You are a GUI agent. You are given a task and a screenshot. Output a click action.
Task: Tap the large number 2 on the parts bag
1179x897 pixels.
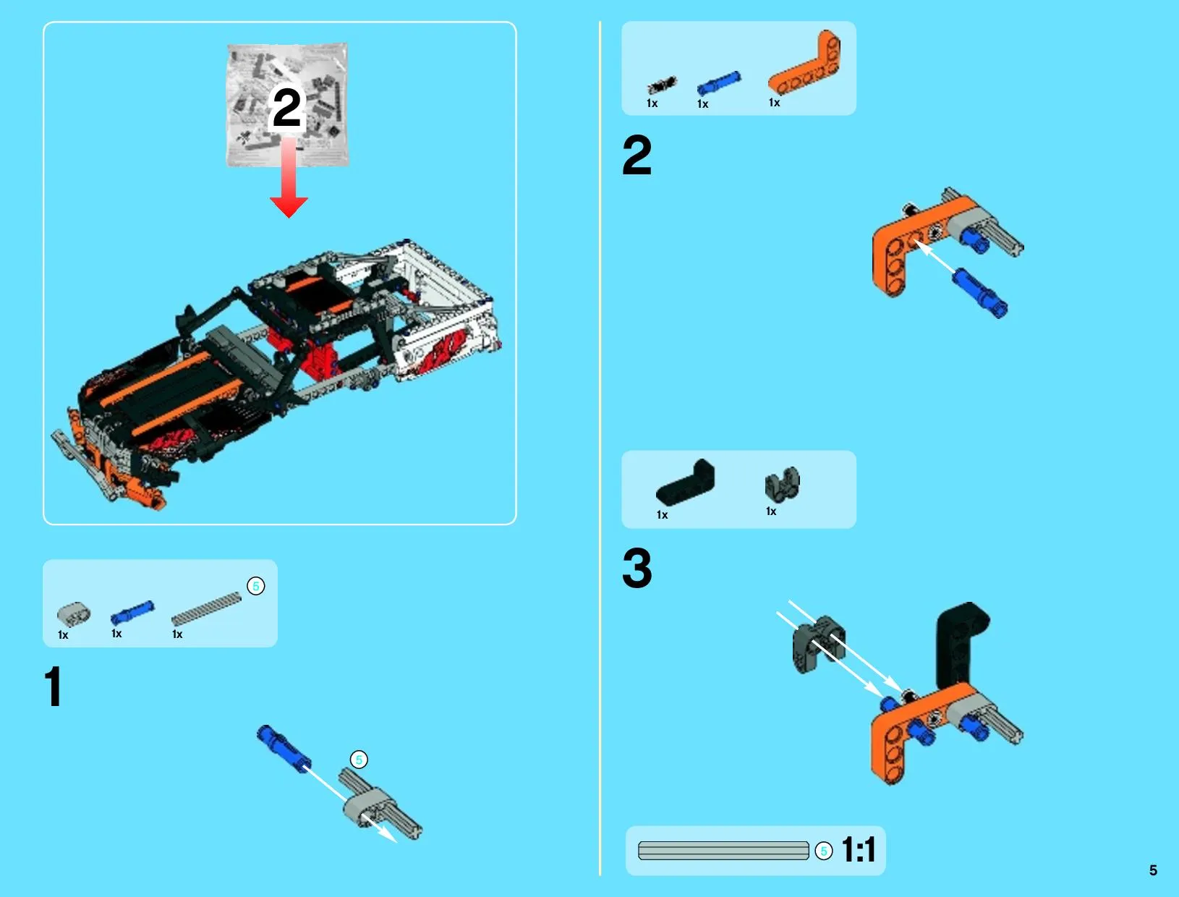click(287, 108)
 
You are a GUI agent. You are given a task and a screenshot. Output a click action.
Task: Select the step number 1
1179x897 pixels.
click(54, 686)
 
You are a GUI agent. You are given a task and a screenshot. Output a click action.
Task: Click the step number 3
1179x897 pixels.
click(637, 568)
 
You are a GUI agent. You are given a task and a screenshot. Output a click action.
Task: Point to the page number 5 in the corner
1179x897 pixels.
click(1153, 871)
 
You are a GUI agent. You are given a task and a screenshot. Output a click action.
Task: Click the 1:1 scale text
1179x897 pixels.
click(858, 850)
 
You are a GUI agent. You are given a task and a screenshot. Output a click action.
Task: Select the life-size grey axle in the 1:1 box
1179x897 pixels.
click(723, 851)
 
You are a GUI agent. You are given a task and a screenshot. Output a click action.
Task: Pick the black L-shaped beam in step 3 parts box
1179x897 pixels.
click(686, 483)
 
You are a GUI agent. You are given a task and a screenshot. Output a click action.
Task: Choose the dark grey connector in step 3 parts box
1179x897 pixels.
click(782, 483)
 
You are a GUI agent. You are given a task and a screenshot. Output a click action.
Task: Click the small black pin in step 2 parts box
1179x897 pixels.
click(663, 85)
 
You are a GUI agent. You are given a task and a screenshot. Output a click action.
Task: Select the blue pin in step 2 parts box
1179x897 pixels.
click(719, 83)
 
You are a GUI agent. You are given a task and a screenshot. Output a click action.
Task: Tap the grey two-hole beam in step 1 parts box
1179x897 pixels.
click(74, 613)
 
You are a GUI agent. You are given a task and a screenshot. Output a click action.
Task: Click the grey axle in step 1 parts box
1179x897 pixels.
click(206, 608)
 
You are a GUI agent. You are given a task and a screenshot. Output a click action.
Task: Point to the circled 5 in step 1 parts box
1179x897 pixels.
click(255, 586)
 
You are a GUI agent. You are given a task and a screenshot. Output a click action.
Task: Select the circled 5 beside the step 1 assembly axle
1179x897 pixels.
click(359, 760)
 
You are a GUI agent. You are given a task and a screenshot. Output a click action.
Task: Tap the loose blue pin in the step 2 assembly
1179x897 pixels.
click(979, 293)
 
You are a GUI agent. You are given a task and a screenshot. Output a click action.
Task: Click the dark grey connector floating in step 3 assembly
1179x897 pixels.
click(818, 644)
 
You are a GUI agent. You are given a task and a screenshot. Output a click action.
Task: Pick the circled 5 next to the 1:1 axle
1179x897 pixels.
click(823, 851)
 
